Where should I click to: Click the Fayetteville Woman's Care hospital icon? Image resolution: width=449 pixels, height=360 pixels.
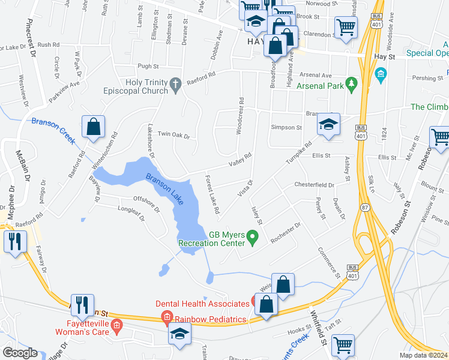[x=116, y=328]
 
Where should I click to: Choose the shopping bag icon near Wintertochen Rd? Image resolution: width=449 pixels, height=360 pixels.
[x=93, y=127]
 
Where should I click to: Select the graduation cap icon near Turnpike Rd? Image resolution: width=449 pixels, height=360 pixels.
[x=328, y=125]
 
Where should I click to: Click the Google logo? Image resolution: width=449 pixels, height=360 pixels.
[x=20, y=353]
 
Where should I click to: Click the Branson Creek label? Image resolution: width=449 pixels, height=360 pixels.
[x=52, y=130]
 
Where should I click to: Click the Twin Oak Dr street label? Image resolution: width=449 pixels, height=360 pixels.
[x=173, y=136]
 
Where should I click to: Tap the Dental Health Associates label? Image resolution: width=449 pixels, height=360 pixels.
[x=202, y=304]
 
